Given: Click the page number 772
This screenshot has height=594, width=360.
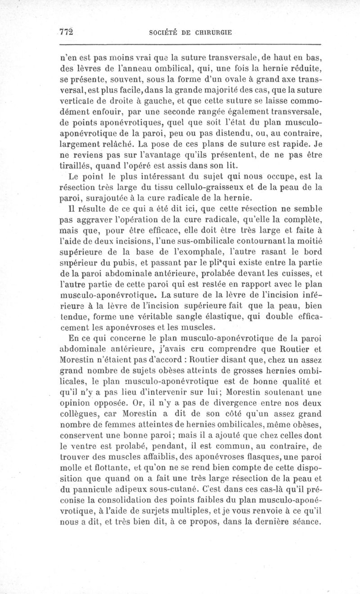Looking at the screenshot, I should [66, 31].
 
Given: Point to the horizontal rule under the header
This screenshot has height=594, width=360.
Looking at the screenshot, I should [189, 44].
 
